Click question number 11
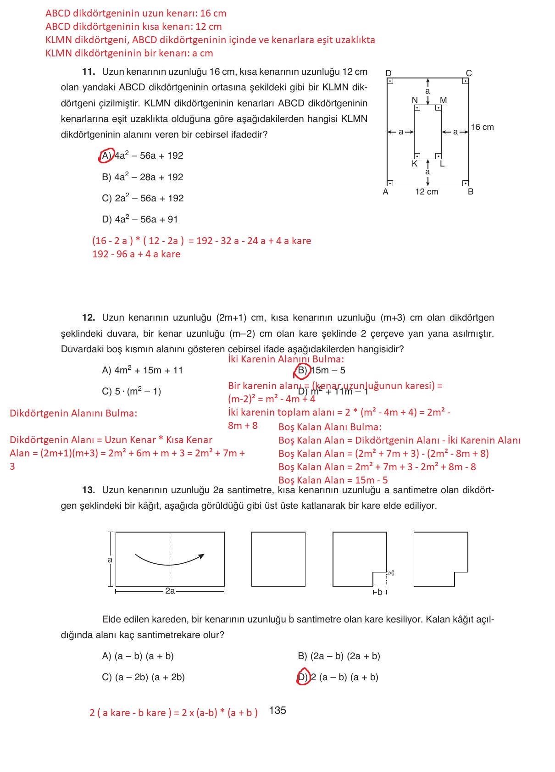89,72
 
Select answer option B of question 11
142,177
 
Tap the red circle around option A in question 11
105,156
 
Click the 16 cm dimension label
482,127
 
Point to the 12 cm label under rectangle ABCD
427,192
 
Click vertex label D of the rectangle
388,73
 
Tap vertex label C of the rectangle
469,73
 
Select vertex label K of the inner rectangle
415,164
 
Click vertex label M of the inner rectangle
443,100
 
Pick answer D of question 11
139,219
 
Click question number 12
89,318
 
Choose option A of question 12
142,370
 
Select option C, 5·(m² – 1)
131,391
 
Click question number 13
89,490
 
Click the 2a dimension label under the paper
170,591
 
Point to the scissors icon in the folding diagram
391,572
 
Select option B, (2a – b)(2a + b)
339,656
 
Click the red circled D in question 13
303,677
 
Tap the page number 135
277,711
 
